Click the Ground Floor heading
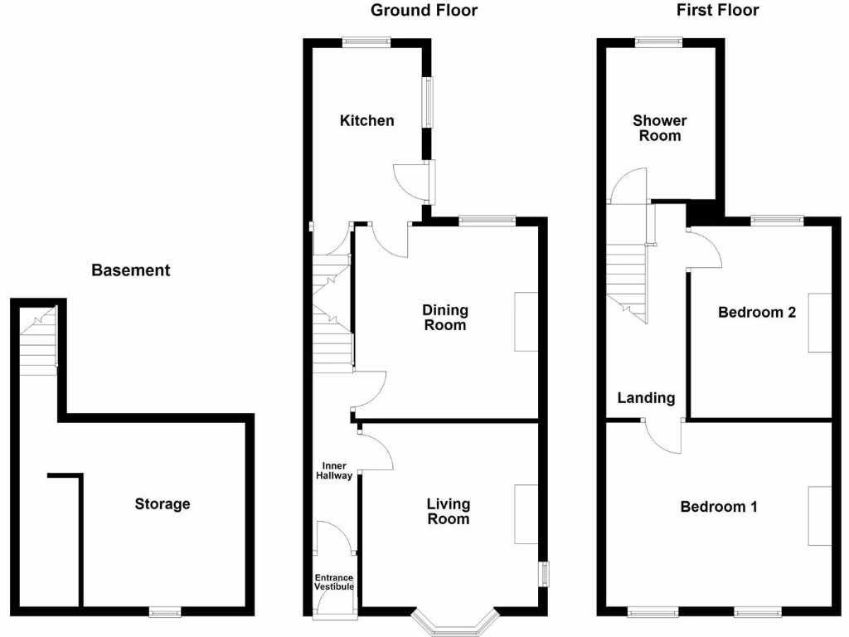coord(424,10)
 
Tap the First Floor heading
coord(717,10)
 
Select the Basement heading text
coord(130,270)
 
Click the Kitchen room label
coord(367,120)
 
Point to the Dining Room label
coord(445,317)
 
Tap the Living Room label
coord(448,511)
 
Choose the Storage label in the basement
coord(163,503)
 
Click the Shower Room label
coord(660,128)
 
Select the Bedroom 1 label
coord(718,506)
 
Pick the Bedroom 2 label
coord(757,312)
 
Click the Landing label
coord(646,398)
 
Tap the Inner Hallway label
coord(336,470)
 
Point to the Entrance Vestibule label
coord(334,582)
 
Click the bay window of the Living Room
coord(456,622)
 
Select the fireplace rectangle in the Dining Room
coord(526,321)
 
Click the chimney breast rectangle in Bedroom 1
coord(819,516)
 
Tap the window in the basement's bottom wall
coord(165,612)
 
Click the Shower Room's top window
coord(659,41)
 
